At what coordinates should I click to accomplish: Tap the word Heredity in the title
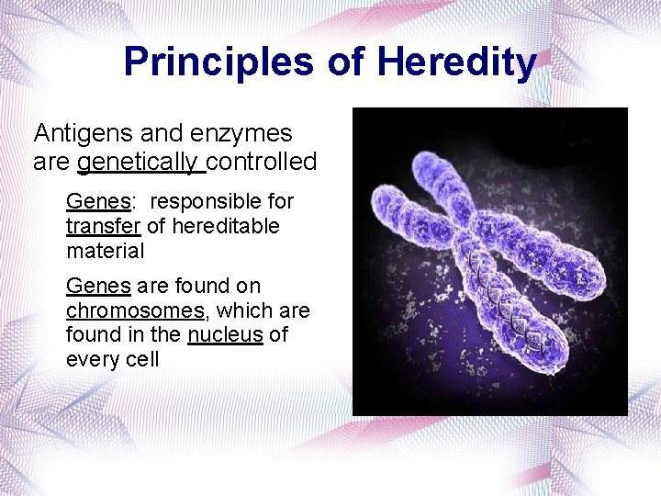pyautogui.click(x=456, y=62)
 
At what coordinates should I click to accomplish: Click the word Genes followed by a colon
pyautogui.click(x=98, y=201)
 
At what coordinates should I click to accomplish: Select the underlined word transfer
pyautogui.click(x=101, y=226)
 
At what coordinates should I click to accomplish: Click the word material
pyautogui.click(x=105, y=251)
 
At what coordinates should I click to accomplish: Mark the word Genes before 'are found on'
pyautogui.click(x=98, y=287)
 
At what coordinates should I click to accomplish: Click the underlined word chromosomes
pyautogui.click(x=135, y=311)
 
